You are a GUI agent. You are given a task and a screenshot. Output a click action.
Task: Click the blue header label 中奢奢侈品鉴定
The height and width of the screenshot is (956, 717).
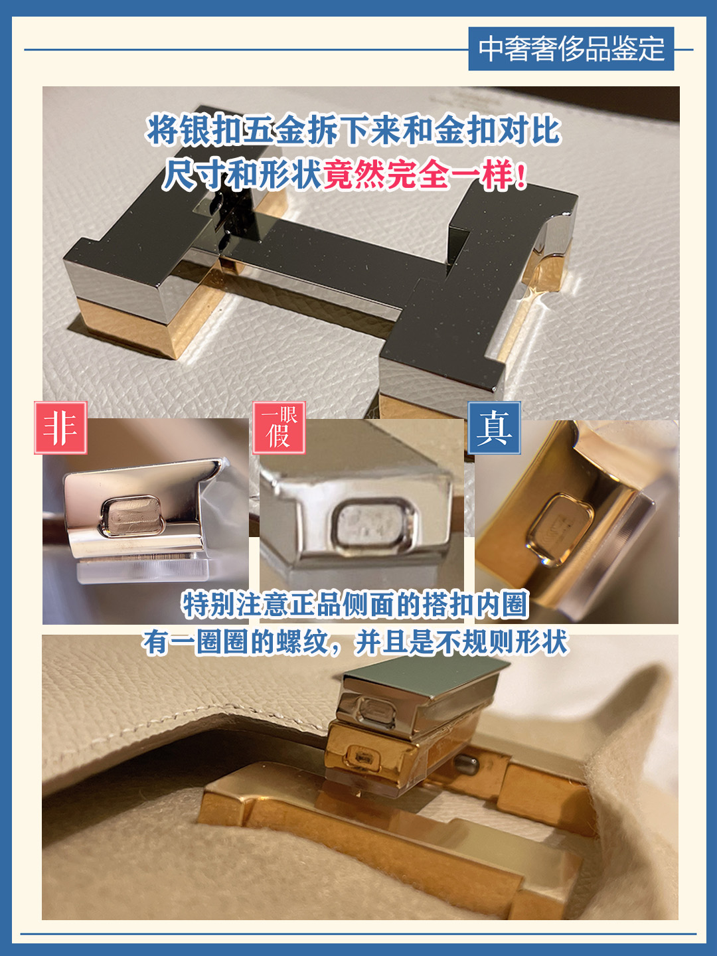(x=571, y=48)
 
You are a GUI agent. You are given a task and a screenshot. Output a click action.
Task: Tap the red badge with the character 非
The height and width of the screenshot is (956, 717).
(x=60, y=428)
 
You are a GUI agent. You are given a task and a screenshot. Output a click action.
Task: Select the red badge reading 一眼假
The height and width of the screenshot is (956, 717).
(x=279, y=428)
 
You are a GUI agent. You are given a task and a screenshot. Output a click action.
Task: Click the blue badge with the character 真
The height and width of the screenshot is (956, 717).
(x=494, y=428)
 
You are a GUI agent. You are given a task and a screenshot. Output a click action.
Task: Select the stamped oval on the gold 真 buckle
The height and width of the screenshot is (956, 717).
(x=560, y=528)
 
